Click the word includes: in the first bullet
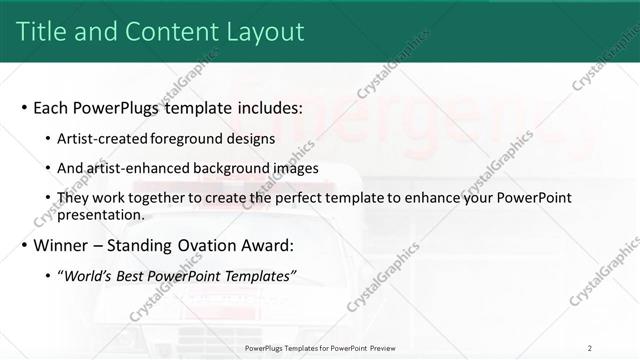(x=262, y=108)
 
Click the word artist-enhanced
(x=145, y=168)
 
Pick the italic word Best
(x=133, y=277)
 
